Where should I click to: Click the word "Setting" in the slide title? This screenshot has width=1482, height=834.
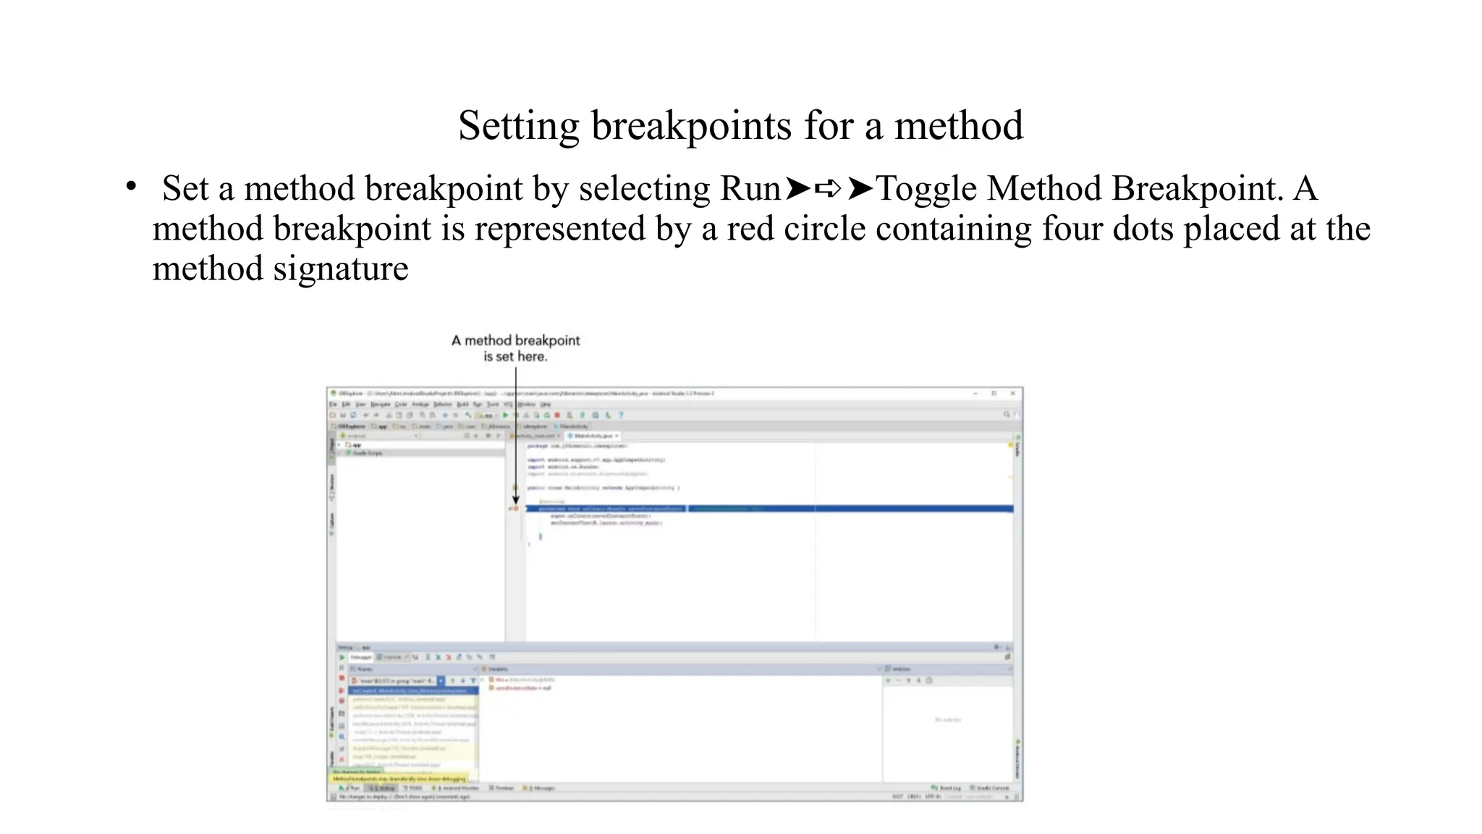518,126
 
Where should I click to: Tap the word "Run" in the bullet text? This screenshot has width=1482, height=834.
750,189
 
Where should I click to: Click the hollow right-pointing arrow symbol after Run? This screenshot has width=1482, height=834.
828,189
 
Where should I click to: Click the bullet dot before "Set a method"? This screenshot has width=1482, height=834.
131,187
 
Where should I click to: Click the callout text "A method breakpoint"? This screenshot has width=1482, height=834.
515,340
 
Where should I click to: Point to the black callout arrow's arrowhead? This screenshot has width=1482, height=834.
516,500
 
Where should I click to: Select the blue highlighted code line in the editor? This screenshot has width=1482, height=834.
767,509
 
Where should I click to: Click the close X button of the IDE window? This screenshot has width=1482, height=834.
1012,393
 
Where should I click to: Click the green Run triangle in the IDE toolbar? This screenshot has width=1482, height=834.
505,416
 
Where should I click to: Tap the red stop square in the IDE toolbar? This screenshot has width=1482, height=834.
557,416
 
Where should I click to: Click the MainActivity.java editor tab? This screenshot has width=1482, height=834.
593,436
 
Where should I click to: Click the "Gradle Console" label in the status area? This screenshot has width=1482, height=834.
992,788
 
